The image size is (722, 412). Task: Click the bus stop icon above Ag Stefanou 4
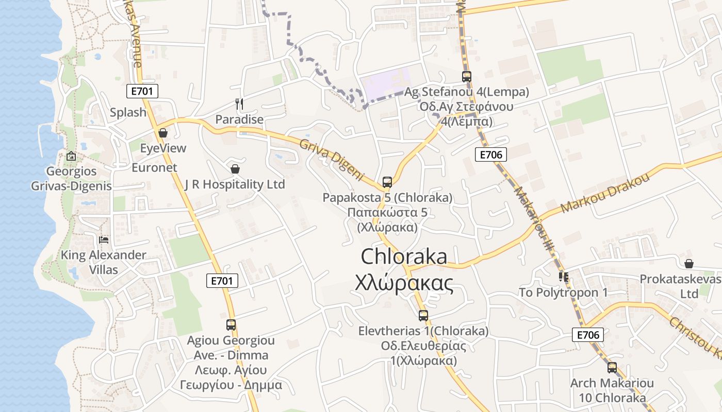(x=466, y=77)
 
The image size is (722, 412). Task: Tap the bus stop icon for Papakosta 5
(x=387, y=182)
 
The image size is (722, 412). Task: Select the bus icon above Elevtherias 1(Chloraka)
(x=423, y=316)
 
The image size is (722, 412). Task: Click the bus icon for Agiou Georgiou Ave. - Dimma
(x=231, y=325)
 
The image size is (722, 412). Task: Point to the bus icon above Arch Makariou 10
(x=612, y=368)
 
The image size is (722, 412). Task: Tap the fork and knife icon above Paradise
(x=239, y=104)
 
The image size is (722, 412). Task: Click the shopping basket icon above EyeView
(x=163, y=133)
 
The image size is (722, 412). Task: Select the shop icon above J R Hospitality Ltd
(x=235, y=169)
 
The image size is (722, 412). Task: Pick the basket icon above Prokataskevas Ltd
(x=689, y=264)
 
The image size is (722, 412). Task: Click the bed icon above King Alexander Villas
(x=104, y=239)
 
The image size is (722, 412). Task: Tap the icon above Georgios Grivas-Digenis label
(x=71, y=156)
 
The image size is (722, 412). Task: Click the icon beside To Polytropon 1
(x=564, y=277)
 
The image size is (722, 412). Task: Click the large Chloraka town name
(x=404, y=256)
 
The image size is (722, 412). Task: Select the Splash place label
(x=128, y=112)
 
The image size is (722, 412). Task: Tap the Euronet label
(x=154, y=167)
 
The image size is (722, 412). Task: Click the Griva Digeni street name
(x=332, y=160)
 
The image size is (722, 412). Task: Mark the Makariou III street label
(x=533, y=219)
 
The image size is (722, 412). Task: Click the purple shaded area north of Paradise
(x=386, y=82)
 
